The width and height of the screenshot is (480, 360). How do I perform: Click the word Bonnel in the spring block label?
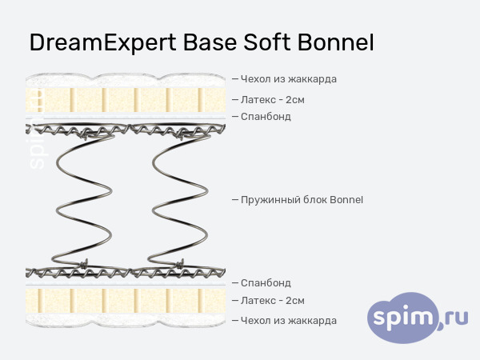coord(346,199)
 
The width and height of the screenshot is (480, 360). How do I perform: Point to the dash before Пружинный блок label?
coord(234,199)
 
